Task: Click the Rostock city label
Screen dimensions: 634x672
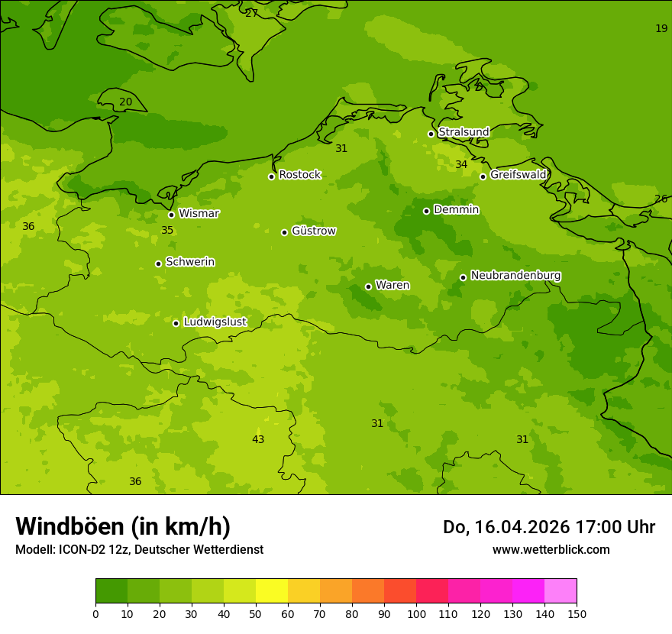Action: coord(299,175)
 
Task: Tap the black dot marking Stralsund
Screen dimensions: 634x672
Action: coord(431,134)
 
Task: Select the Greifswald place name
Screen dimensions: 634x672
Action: coord(518,175)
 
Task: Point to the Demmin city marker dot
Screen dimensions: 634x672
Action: coord(426,211)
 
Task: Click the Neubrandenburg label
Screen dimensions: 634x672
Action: coord(515,276)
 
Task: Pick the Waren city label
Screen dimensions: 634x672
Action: coord(393,286)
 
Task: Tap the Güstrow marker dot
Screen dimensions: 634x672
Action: coord(284,232)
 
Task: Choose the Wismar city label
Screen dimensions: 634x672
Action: coord(199,214)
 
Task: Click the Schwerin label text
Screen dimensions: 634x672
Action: coord(190,262)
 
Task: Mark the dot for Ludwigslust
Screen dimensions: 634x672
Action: coord(176,323)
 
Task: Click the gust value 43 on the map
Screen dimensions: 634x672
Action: coord(258,439)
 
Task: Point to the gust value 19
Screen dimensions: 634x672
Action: coord(661,28)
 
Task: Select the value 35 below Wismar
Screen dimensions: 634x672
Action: coord(167,231)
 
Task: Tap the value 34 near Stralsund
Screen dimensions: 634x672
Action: coord(461,165)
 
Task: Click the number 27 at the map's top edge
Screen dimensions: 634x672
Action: coord(251,13)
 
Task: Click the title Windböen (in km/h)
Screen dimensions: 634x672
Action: coord(123,526)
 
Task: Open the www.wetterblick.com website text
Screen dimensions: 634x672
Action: coord(551,550)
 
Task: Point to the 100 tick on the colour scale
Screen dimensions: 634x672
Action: coord(416,613)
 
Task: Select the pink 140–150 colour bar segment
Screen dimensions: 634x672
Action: coord(561,591)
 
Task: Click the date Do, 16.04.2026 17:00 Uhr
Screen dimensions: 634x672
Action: coord(548,527)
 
